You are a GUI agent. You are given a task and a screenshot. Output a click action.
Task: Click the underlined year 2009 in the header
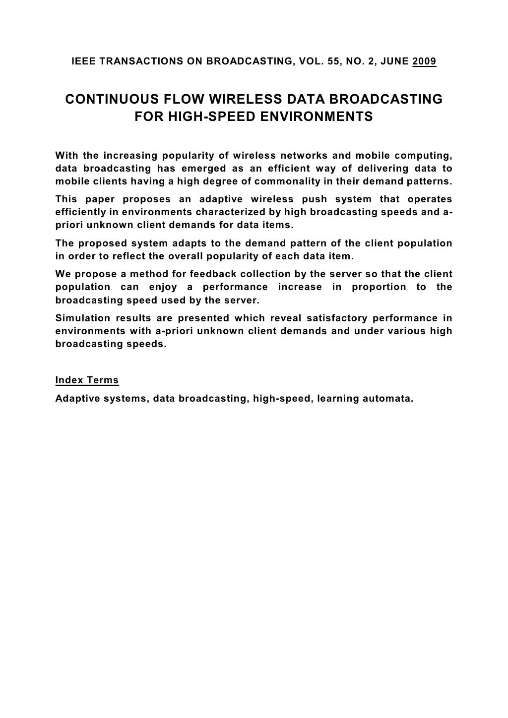(424, 62)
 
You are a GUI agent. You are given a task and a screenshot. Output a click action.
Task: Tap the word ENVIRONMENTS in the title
(324, 118)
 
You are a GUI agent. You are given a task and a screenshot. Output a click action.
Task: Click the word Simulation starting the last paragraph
(80, 318)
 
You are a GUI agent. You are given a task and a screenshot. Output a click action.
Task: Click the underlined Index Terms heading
(87, 381)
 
